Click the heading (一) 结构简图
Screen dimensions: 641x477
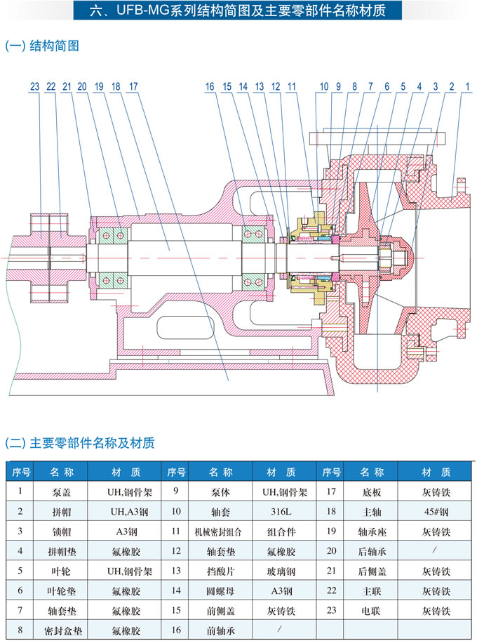coord(42,46)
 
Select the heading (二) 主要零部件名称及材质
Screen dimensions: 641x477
coord(80,443)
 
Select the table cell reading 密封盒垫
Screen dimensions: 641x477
coord(61,631)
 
